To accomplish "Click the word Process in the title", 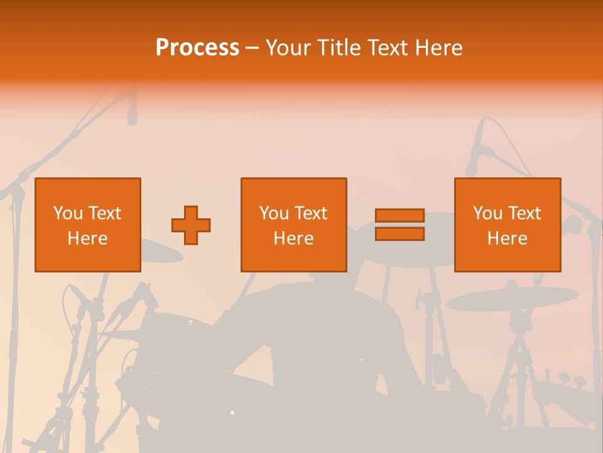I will [x=197, y=48].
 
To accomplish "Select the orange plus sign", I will [x=191, y=225].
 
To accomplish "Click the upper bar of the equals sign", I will [x=399, y=215].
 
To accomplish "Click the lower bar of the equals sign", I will [x=399, y=234].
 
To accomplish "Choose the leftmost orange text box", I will [x=88, y=225].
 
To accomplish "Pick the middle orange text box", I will [x=293, y=225].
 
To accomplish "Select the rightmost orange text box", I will [x=508, y=225].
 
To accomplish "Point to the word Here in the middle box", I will [x=293, y=238].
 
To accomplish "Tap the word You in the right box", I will [x=487, y=213].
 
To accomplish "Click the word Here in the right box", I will [x=508, y=238].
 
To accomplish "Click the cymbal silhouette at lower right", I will [x=512, y=298].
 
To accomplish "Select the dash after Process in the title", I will [x=253, y=48].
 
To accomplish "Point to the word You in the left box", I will [x=68, y=213].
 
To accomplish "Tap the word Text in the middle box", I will [x=310, y=213].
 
